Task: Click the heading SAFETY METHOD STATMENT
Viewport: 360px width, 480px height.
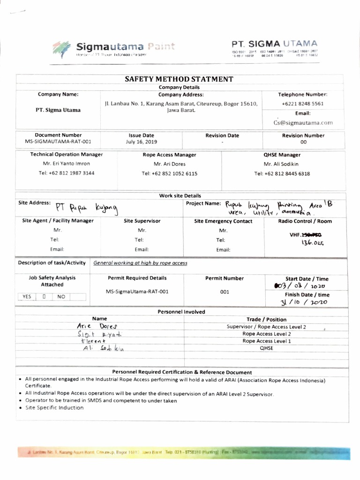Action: pyautogui.click(x=180, y=79)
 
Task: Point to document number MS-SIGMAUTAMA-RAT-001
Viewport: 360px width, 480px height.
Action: pyautogui.click(x=59, y=141)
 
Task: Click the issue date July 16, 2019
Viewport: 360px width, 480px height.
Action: pyautogui.click(x=142, y=141)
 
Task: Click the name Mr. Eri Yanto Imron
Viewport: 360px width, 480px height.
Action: pyautogui.click(x=66, y=164)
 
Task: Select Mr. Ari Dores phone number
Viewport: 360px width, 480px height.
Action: pyautogui.click(x=169, y=173)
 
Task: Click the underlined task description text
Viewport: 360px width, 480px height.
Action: pyautogui.click(x=140, y=263)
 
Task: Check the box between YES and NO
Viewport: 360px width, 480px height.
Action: pyautogui.click(x=44, y=296)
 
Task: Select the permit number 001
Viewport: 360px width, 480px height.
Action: pyautogui.click(x=224, y=292)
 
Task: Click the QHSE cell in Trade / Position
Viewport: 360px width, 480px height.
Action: pyautogui.click(x=266, y=348)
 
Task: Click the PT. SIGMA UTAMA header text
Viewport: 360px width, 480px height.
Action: pyautogui.click(x=274, y=43)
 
